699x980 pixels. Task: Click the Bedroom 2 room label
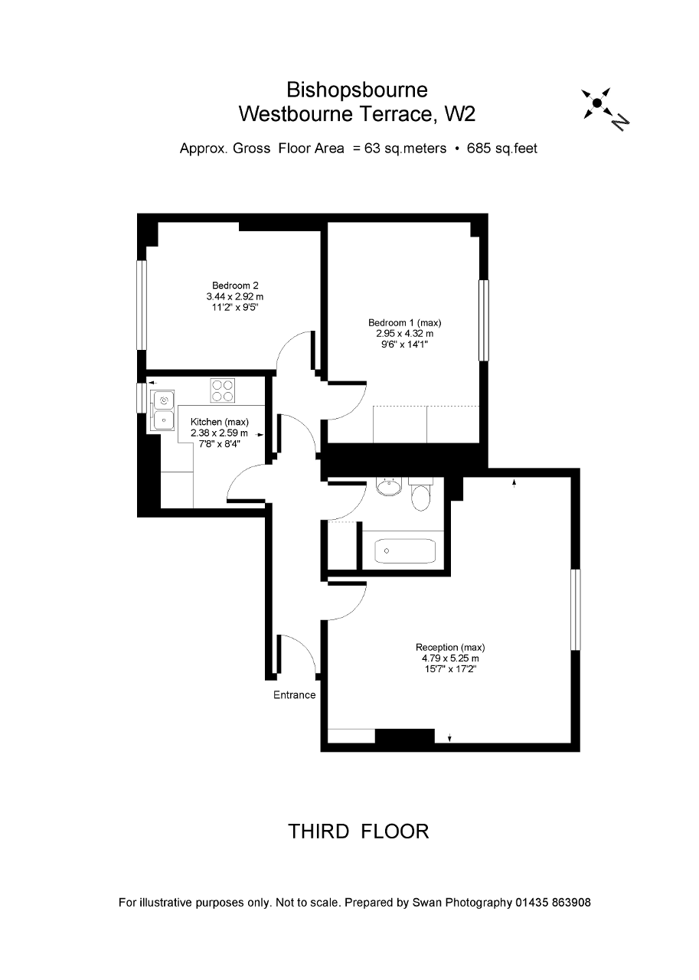click(x=235, y=286)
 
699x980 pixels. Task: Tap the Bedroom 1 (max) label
click(x=404, y=323)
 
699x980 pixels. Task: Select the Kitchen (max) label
click(x=220, y=422)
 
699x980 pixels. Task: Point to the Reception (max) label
click(x=450, y=647)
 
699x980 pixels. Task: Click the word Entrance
click(x=295, y=694)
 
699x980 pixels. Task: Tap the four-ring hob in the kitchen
click(x=222, y=390)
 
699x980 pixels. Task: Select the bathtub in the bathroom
click(x=405, y=550)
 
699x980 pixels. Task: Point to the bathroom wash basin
click(x=389, y=485)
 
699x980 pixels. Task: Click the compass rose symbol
click(x=596, y=103)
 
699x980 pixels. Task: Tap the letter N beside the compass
click(x=620, y=122)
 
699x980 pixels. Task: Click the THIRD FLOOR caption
click(x=358, y=831)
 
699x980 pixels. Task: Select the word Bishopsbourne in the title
click(x=357, y=90)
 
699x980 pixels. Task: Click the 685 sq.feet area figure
click(x=501, y=149)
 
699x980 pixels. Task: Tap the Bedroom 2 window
click(x=142, y=305)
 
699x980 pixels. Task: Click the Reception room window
click(x=576, y=609)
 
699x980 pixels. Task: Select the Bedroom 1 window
click(x=483, y=320)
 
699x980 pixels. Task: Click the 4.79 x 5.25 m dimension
click(x=450, y=658)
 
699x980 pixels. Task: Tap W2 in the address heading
click(x=459, y=114)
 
